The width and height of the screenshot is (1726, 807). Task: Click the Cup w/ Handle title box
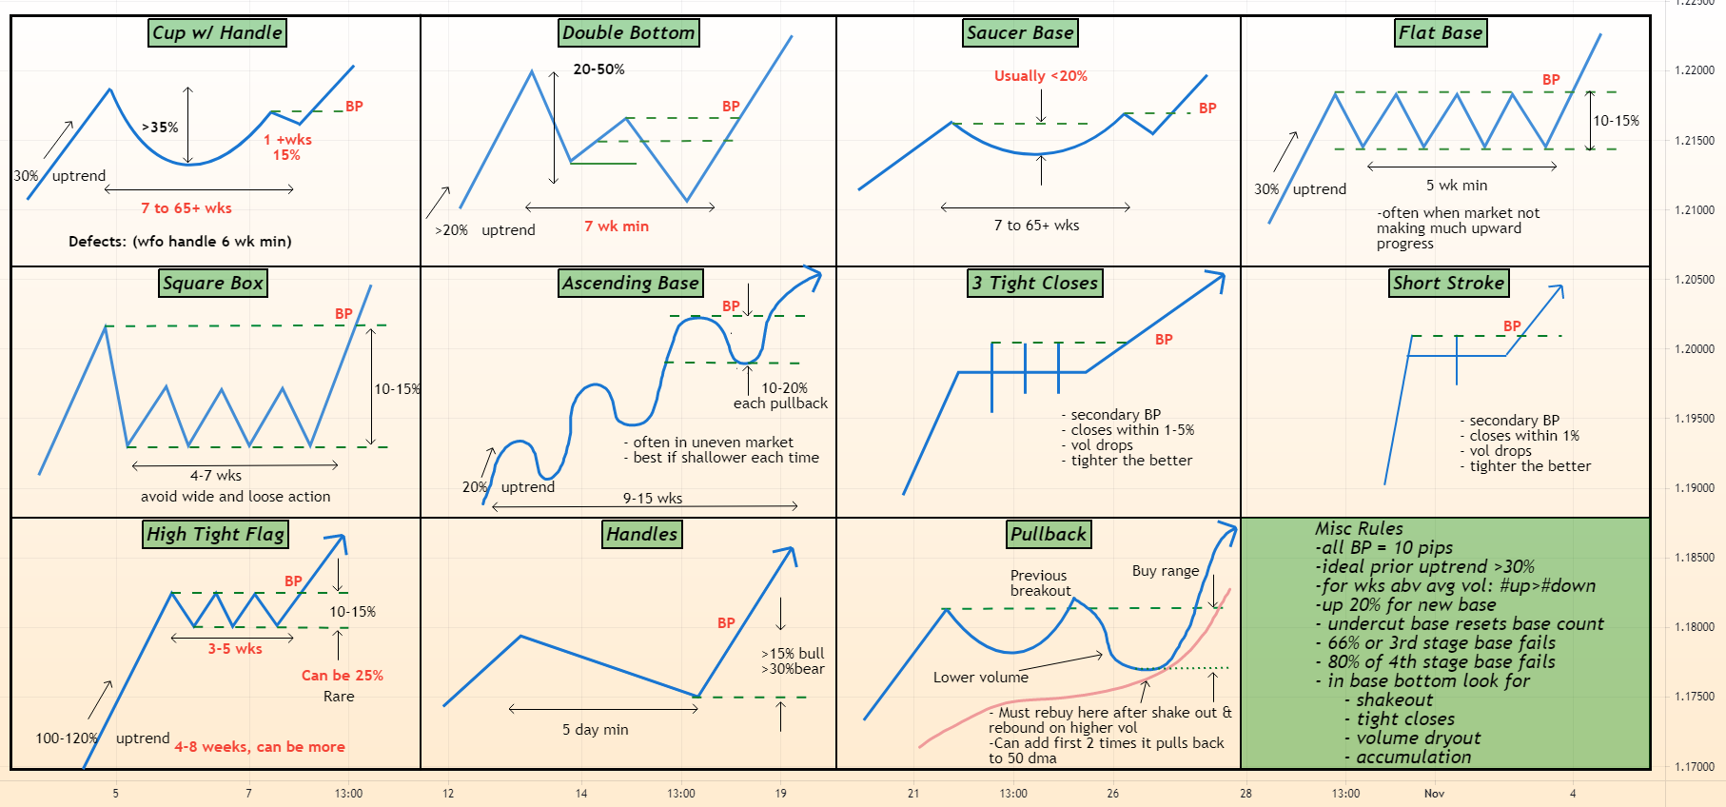(218, 32)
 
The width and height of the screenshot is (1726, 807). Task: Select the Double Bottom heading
(629, 32)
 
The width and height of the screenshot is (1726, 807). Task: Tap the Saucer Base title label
(1020, 32)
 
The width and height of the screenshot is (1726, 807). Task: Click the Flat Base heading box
(1441, 32)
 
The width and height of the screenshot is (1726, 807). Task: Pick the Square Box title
(213, 283)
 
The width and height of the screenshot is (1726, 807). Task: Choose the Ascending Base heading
(630, 283)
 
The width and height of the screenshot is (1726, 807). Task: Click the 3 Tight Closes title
(1035, 283)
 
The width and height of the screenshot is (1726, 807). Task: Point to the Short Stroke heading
(1448, 283)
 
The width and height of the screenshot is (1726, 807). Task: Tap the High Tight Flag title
(215, 534)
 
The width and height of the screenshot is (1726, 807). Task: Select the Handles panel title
(641, 534)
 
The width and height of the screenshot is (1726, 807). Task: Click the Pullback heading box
(1049, 534)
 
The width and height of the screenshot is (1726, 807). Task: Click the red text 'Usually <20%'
(1041, 76)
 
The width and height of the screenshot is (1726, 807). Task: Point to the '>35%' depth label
(160, 128)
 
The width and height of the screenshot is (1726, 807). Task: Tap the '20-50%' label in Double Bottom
(598, 69)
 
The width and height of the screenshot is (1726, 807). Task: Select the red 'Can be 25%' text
(342, 676)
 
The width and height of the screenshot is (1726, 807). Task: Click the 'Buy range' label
(1166, 571)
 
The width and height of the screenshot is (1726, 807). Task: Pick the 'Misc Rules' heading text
(1359, 528)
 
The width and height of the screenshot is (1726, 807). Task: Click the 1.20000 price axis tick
(1694, 349)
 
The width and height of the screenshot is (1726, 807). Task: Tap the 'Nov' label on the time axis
(1434, 794)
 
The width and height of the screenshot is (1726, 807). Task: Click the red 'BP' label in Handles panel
(726, 623)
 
